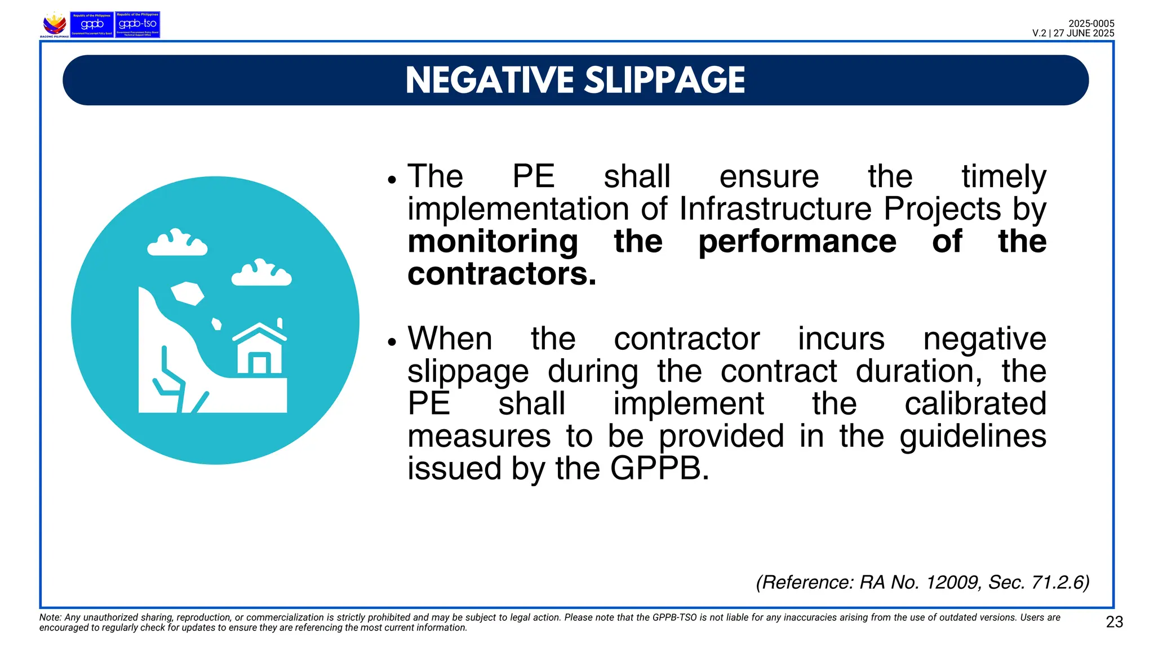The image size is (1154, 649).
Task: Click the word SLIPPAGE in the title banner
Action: point(664,80)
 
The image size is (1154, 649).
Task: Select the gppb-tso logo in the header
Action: point(137,25)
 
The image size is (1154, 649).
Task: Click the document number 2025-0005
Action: point(1091,24)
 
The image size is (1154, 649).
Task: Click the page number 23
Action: point(1114,622)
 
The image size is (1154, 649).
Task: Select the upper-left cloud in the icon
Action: point(177,243)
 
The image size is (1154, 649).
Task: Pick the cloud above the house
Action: point(261,274)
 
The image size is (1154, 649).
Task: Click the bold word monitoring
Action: point(492,242)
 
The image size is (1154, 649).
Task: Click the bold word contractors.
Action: point(501,274)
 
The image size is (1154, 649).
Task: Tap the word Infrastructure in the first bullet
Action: point(775,209)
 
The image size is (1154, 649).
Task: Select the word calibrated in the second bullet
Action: point(975,404)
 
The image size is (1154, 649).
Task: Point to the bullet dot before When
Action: point(392,342)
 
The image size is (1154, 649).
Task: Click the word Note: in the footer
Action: point(50,617)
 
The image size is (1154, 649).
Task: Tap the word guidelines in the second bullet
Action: point(973,437)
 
